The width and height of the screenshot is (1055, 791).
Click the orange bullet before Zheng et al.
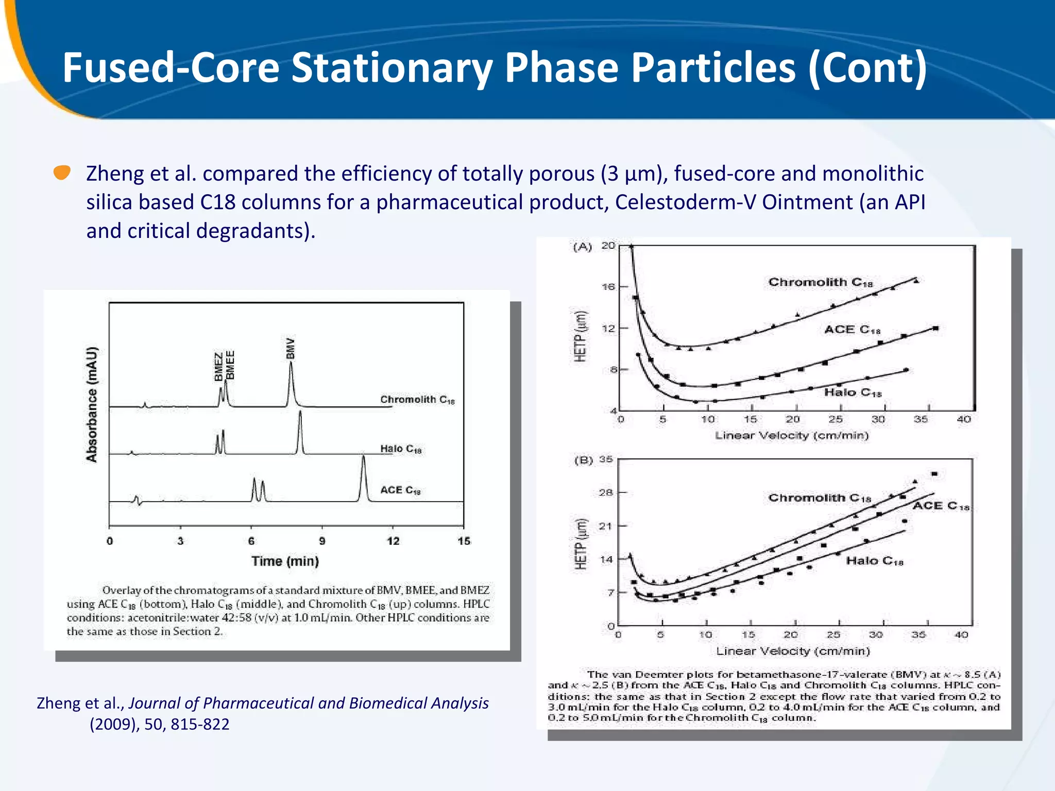(x=62, y=173)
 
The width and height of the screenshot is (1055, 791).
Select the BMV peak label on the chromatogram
(x=291, y=348)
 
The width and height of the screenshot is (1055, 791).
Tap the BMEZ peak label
(x=219, y=366)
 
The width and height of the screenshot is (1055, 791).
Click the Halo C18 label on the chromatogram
(x=401, y=449)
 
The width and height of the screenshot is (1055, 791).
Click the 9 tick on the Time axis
(x=322, y=541)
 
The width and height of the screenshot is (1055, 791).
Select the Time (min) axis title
(x=285, y=561)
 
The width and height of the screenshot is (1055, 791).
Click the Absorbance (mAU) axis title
(x=92, y=404)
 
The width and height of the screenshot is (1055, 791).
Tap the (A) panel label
(x=583, y=247)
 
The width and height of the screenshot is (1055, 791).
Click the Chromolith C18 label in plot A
(x=820, y=282)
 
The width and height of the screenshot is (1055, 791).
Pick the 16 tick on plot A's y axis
(x=608, y=287)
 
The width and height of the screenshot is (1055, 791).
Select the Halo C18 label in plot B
(x=874, y=561)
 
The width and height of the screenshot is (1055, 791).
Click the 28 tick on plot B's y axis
(x=606, y=492)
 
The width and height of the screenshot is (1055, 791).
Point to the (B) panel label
(x=584, y=460)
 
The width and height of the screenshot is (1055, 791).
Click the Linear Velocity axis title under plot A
(x=791, y=436)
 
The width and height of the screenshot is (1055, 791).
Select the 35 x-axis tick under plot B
(x=918, y=634)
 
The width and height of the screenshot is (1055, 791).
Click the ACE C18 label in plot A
(x=852, y=330)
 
